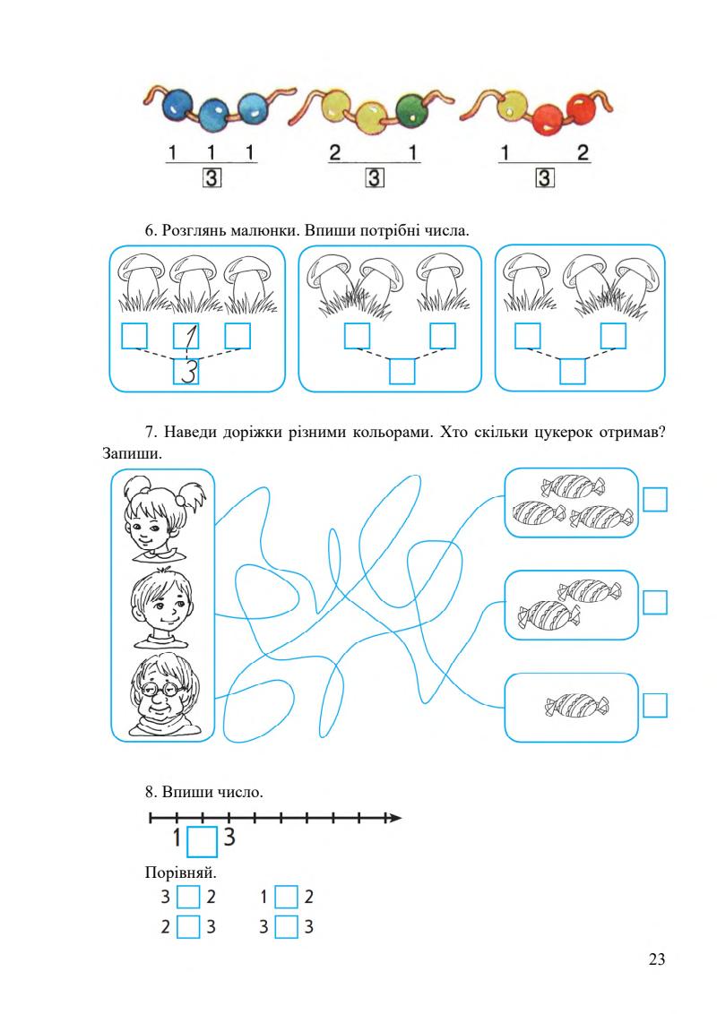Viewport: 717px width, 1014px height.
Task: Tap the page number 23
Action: click(656, 960)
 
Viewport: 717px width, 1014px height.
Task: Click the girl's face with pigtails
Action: click(160, 520)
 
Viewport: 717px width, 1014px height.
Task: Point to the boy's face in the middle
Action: click(161, 606)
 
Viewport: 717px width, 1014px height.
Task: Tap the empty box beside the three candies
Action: click(656, 499)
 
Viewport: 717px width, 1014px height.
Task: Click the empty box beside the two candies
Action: click(656, 603)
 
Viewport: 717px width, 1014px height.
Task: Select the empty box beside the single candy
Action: click(656, 706)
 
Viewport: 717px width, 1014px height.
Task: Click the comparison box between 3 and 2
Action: click(188, 897)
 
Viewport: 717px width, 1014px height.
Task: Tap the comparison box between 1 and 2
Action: click(286, 897)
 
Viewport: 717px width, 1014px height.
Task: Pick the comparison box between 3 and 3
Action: click(286, 926)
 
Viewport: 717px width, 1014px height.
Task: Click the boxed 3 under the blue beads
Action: click(212, 178)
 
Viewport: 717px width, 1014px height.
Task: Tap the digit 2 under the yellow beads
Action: click(335, 154)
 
